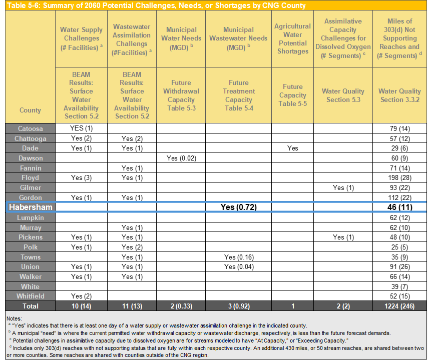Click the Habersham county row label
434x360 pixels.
point(31,207)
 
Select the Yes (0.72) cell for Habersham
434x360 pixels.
point(238,207)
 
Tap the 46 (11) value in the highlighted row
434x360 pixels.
point(399,207)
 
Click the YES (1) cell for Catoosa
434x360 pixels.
point(81,128)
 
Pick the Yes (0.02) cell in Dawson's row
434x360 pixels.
point(181,158)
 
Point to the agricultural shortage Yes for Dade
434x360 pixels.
point(293,148)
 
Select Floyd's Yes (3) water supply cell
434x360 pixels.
point(81,178)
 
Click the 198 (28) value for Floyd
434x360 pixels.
point(399,178)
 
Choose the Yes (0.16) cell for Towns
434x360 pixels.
point(238,257)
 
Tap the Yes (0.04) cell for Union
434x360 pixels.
point(238,267)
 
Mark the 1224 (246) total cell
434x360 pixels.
point(399,306)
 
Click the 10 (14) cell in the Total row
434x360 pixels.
point(81,306)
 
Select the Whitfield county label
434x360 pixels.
point(31,296)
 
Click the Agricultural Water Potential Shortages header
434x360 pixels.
point(293,39)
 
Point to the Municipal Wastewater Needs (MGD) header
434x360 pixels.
point(238,38)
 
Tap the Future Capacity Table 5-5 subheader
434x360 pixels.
point(293,95)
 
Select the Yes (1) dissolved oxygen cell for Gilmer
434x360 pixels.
point(343,188)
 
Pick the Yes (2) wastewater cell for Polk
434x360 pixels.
point(131,247)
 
